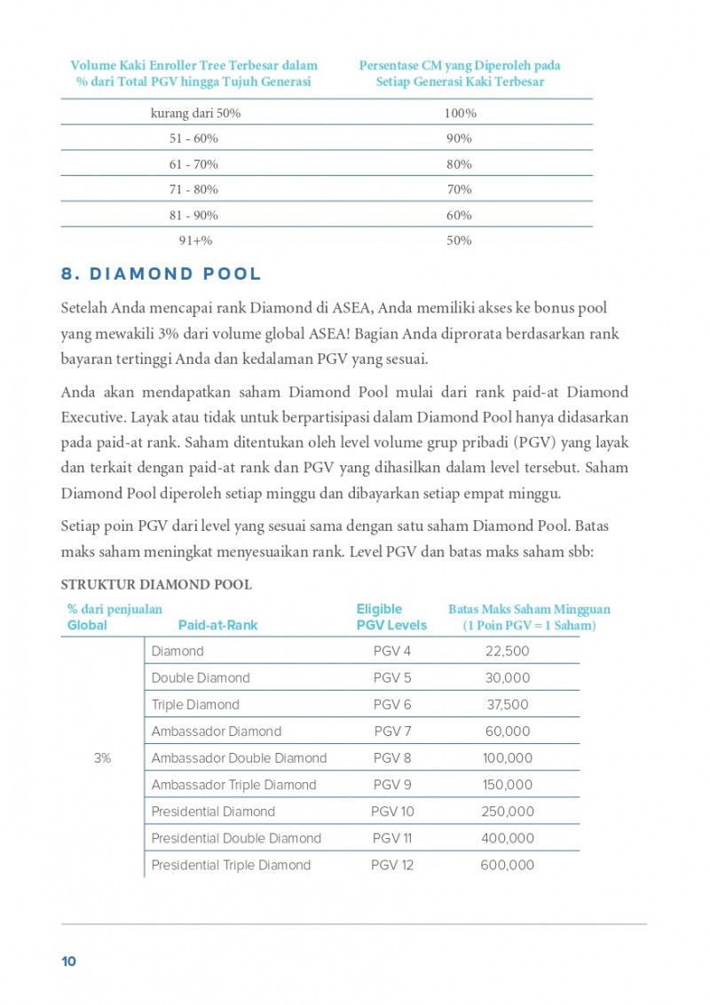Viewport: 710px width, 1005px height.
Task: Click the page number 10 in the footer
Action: coord(68,961)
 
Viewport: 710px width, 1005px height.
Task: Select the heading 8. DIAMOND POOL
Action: coord(161,273)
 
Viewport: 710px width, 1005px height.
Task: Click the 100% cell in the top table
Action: coord(460,114)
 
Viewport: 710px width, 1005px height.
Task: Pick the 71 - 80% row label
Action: coord(193,189)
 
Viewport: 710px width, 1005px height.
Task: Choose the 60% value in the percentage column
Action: coord(460,215)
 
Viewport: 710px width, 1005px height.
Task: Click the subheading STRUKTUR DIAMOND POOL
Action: coord(156,585)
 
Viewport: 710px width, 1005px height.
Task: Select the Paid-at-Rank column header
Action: coord(217,625)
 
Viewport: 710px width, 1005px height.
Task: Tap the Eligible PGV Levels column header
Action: coord(391,617)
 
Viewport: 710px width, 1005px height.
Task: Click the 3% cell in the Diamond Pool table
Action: coord(102,758)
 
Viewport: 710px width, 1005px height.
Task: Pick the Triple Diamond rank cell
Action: coord(195,705)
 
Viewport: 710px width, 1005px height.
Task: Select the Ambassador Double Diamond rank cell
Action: coord(239,758)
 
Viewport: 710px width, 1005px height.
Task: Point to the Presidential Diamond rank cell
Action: coord(213,811)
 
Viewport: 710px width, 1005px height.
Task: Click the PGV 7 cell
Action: coord(392,732)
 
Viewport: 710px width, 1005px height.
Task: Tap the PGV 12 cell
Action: coord(392,865)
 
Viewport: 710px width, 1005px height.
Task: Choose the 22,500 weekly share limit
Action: coord(508,652)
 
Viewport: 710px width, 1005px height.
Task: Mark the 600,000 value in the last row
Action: coord(508,865)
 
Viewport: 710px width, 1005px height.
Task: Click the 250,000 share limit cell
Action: coord(508,811)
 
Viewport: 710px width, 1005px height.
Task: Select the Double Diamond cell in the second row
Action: coord(201,678)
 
